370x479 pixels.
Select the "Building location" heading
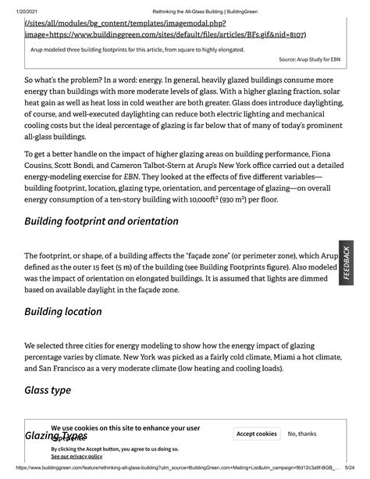tap(74, 313)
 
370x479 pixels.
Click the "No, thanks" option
tap(302, 434)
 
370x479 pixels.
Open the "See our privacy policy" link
tap(76, 456)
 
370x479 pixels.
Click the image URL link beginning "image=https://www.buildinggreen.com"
tap(165, 34)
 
